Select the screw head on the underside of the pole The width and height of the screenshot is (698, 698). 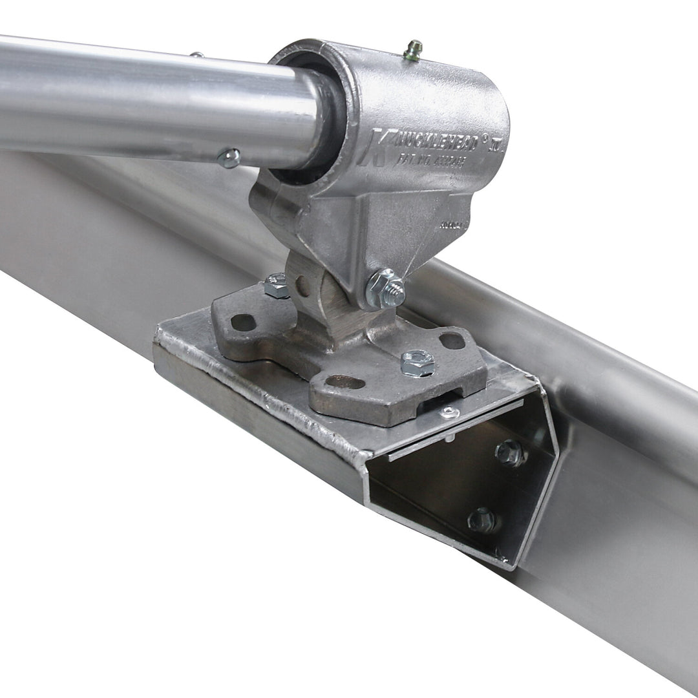tap(229, 158)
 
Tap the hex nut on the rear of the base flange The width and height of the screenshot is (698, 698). tap(277, 286)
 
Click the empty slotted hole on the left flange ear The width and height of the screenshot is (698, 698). tap(243, 322)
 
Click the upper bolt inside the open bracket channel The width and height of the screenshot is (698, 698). tap(510, 453)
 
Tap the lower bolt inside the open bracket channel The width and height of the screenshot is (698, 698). tap(482, 519)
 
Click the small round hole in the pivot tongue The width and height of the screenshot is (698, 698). tap(302, 285)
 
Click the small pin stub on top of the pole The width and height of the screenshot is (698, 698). tap(196, 54)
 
